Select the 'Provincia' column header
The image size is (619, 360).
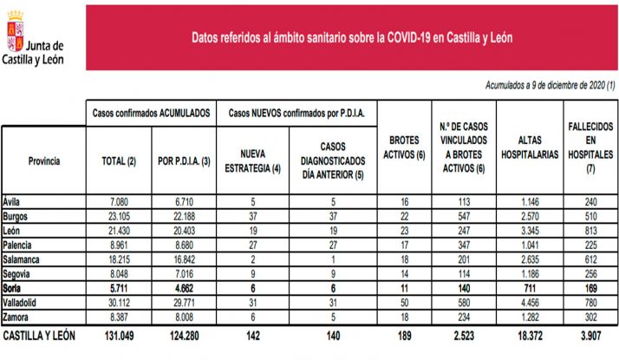[43, 160]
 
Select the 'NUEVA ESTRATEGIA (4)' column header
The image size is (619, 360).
[251, 160]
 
